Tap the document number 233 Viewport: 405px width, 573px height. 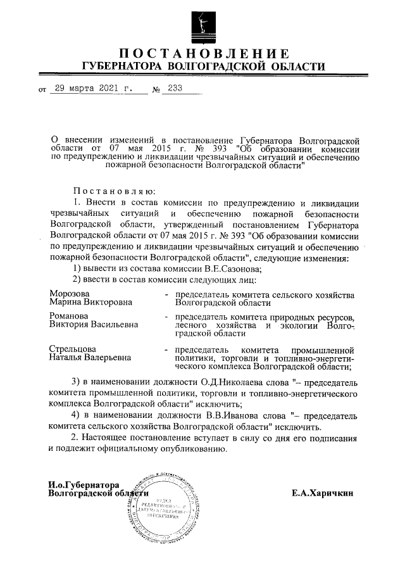tap(171, 89)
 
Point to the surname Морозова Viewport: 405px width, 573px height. tap(70, 294)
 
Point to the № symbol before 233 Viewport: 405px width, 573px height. tap(156, 89)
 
